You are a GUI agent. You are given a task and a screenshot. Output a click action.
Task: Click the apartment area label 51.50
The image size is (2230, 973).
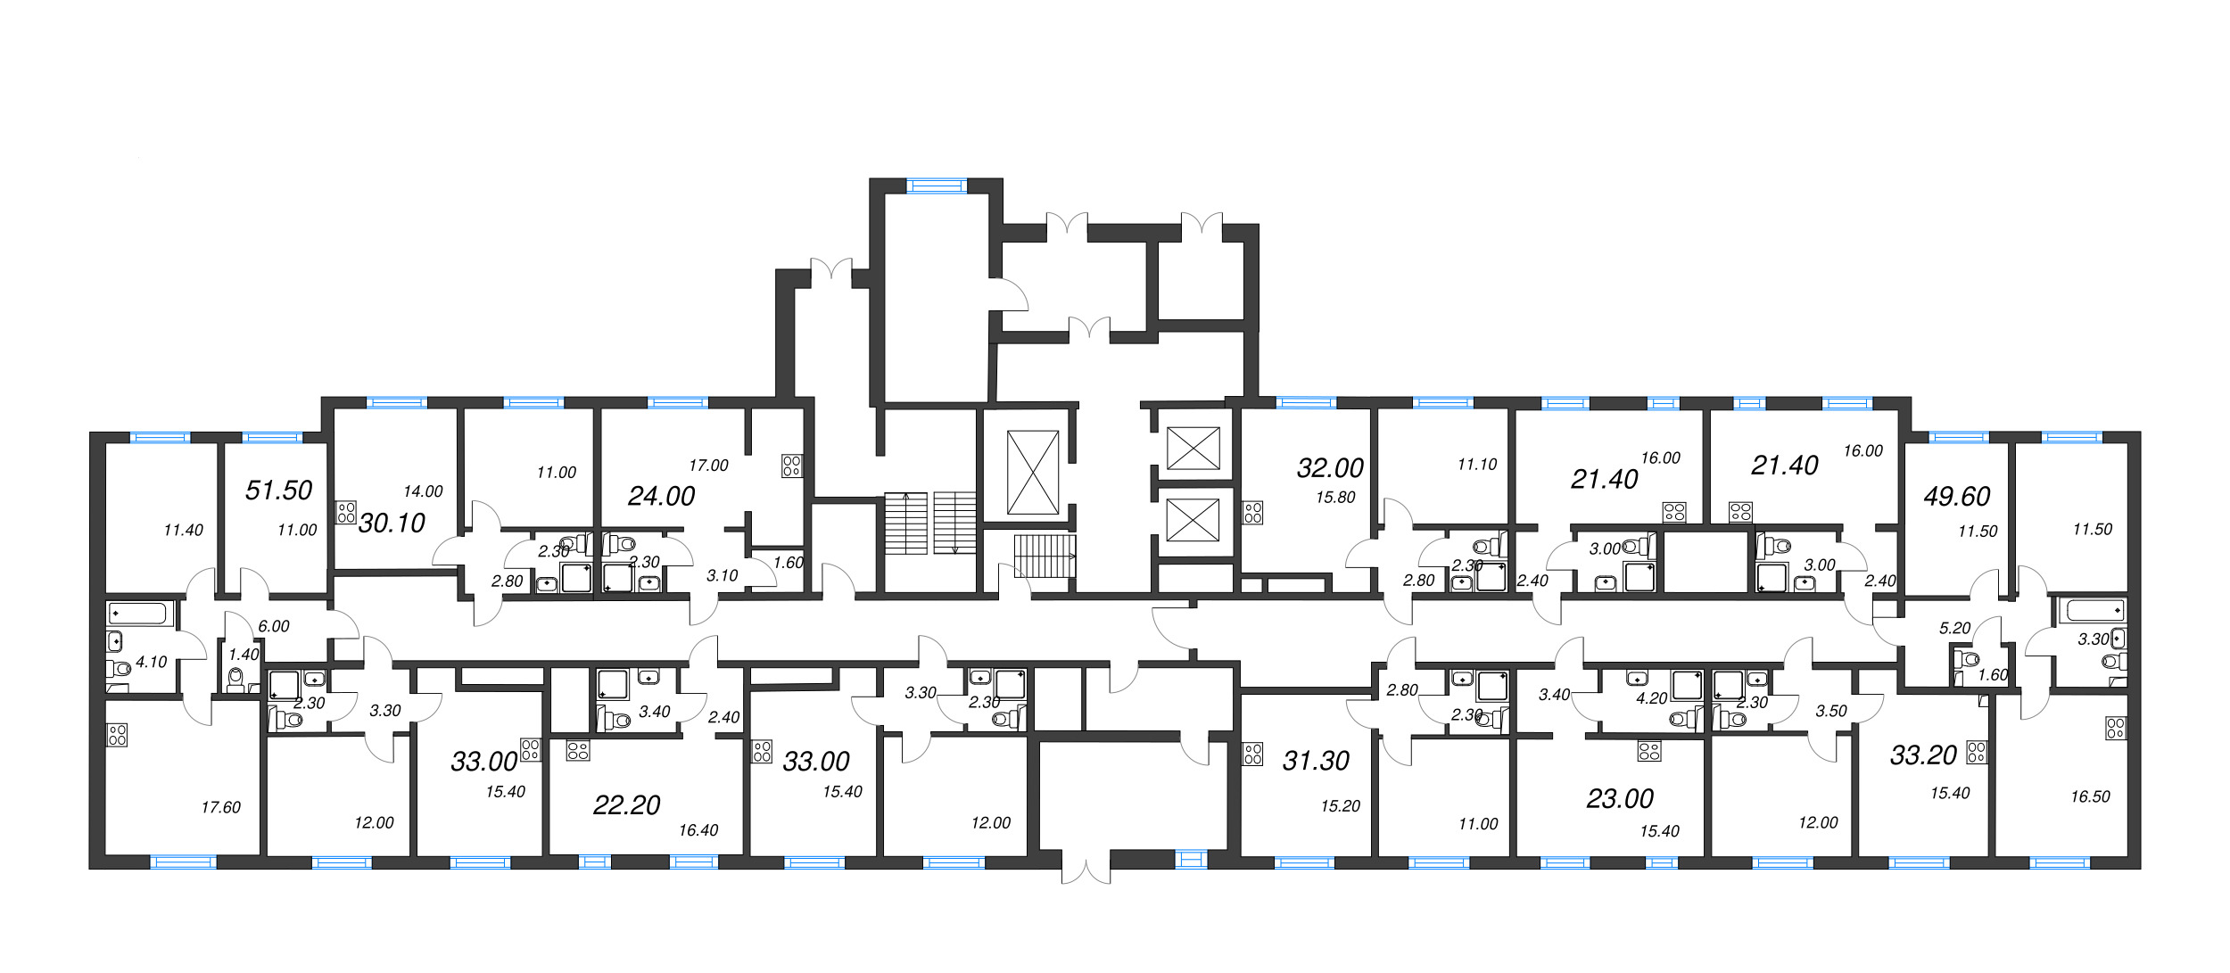278,491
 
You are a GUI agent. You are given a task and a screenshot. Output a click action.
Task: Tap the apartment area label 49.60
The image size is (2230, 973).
1957,497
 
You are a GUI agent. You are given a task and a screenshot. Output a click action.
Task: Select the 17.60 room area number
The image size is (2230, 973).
220,808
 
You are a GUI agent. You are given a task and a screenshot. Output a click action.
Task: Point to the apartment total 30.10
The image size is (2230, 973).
392,524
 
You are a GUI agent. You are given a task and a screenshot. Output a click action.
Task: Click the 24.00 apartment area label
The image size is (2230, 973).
661,497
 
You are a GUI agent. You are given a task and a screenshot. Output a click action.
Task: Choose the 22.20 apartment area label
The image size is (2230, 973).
626,805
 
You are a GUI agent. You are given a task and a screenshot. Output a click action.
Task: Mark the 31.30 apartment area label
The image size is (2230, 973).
1316,761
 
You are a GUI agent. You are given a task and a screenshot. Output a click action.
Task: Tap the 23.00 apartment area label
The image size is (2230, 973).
1620,799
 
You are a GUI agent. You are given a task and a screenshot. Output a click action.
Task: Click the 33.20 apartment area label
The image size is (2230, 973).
1923,756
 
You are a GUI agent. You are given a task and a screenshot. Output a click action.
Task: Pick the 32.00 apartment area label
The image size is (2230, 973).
1330,468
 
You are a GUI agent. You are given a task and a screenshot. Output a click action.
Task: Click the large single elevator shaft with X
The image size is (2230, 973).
1032,473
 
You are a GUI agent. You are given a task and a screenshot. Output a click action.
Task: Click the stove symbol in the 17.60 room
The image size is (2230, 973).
118,735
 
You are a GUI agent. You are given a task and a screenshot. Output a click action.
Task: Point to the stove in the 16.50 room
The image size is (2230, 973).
2115,729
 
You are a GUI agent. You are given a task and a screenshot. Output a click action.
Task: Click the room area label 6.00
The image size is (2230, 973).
274,627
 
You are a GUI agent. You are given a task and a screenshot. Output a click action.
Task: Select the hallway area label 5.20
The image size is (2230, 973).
1954,629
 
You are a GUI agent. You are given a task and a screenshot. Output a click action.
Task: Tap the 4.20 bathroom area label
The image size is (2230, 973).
1651,699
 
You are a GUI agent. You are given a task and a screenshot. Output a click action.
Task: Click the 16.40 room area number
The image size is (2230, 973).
698,831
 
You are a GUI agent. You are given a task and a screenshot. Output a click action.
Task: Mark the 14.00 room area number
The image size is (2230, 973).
423,491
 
